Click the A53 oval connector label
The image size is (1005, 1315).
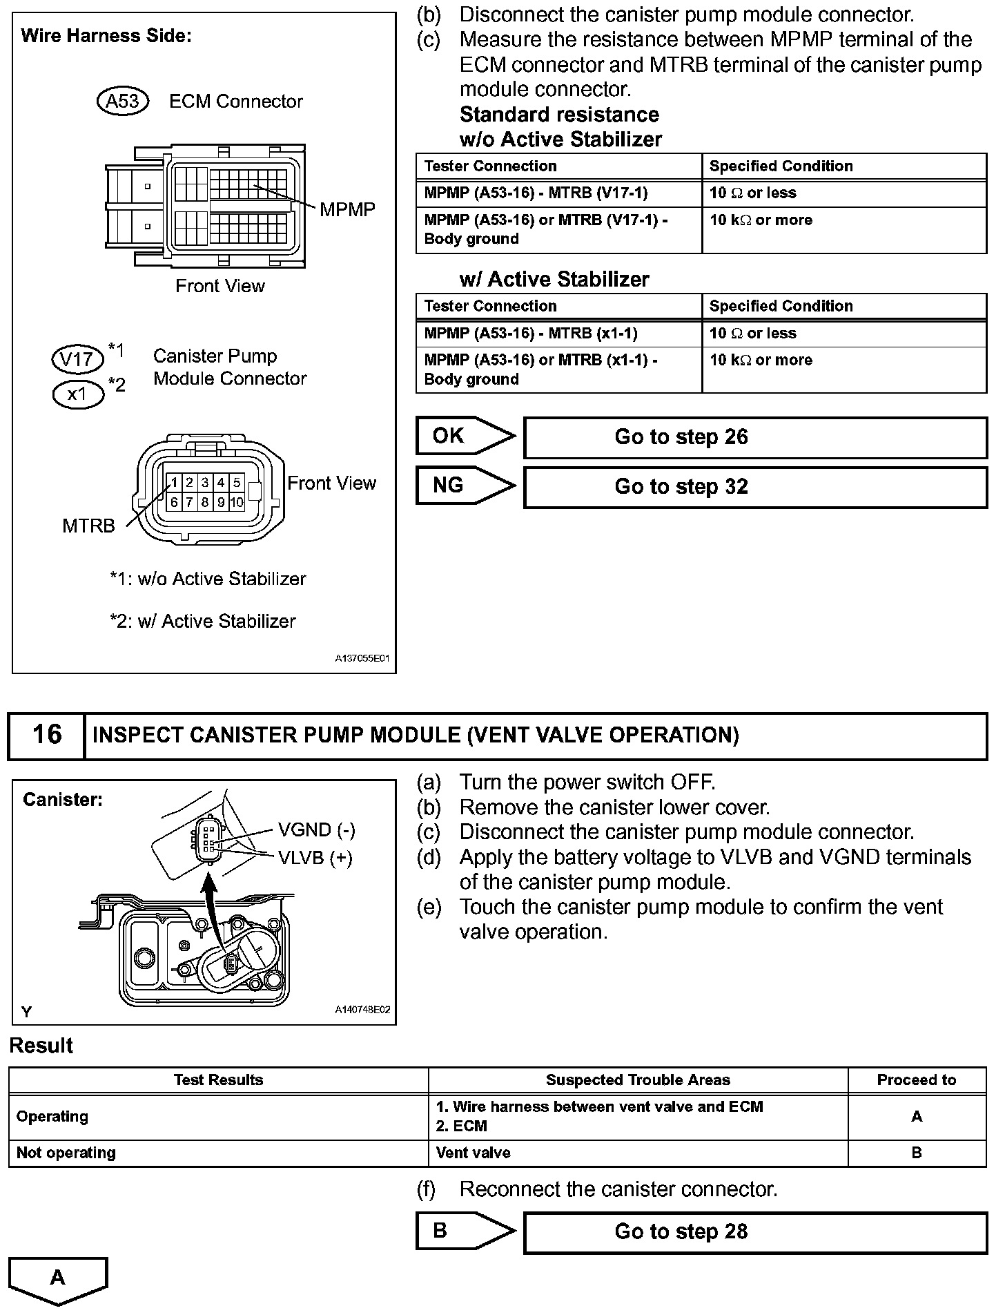[123, 102]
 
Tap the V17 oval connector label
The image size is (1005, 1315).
[77, 359]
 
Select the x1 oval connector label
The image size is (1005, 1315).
[77, 394]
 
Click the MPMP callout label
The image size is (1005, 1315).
[347, 210]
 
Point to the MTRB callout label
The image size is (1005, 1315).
[88, 526]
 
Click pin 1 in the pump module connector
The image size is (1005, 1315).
[175, 483]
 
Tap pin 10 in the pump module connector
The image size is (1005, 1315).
[237, 502]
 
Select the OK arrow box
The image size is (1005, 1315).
[464, 436]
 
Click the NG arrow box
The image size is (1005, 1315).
[464, 486]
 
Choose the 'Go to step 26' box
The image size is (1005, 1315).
[755, 437]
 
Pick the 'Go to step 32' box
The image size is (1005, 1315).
[755, 487]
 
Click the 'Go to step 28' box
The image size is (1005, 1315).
[755, 1232]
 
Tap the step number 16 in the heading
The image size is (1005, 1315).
[47, 735]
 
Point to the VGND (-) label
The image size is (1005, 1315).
[316, 829]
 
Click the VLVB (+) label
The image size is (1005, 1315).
[315, 858]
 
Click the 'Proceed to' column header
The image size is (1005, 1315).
[916, 1080]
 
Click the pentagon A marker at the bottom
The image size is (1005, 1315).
[58, 1278]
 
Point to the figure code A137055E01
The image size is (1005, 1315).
[362, 659]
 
